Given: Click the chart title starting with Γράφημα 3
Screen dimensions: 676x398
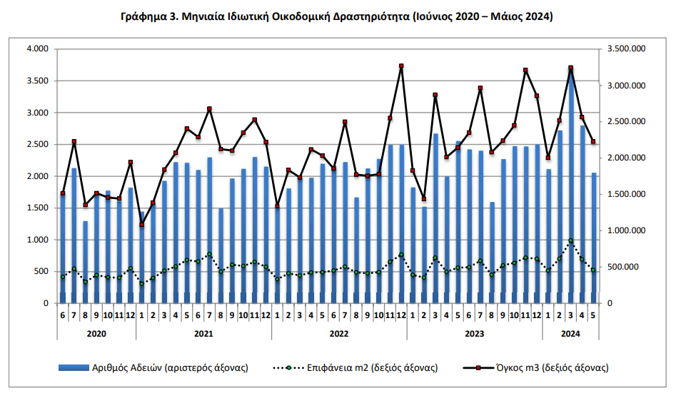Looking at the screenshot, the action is click(x=337, y=16).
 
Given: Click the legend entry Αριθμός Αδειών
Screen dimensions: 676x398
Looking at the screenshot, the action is click(x=153, y=368).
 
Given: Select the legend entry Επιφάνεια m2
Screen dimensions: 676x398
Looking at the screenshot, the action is click(x=355, y=368).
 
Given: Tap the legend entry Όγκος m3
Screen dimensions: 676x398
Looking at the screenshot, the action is click(x=536, y=368).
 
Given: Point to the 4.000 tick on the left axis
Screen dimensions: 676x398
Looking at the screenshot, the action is click(x=38, y=49).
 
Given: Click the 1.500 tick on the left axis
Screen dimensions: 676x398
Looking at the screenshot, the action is click(x=38, y=208).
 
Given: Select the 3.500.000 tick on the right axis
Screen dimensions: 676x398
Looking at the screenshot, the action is click(x=627, y=49).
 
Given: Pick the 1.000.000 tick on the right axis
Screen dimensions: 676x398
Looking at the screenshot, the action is click(x=627, y=231).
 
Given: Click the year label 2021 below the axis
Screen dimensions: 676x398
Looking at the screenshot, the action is click(x=203, y=334).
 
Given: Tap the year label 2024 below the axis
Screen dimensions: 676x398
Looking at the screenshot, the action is click(x=570, y=334).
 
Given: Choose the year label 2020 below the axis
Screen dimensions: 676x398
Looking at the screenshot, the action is click(x=96, y=334).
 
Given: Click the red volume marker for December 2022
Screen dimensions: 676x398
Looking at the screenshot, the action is click(x=401, y=66).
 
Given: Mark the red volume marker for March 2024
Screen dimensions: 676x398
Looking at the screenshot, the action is click(x=571, y=68).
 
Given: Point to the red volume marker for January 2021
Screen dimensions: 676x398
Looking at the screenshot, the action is click(x=141, y=225).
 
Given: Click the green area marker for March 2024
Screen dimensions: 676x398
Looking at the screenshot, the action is click(x=571, y=241).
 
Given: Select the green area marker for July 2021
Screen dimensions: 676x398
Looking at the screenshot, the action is click(x=210, y=254).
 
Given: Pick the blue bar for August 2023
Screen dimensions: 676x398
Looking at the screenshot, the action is click(x=492, y=252).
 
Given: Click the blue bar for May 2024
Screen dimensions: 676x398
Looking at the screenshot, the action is click(x=594, y=238).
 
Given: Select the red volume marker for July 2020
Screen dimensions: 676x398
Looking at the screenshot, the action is click(x=74, y=141).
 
